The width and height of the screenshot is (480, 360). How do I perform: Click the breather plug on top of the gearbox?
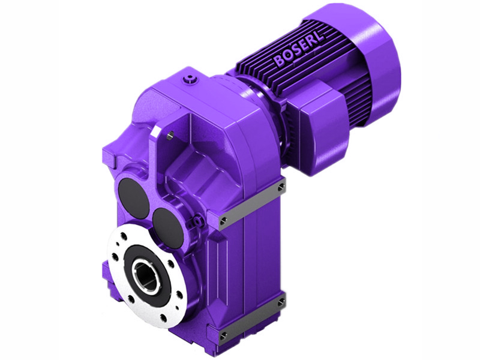(191, 77)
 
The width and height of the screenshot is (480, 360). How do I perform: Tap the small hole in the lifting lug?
(170, 135)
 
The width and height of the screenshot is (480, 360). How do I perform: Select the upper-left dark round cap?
(131, 191)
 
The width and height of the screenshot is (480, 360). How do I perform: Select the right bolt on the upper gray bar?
(281, 187)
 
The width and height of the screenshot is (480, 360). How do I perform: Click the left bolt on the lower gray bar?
(223, 334)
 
